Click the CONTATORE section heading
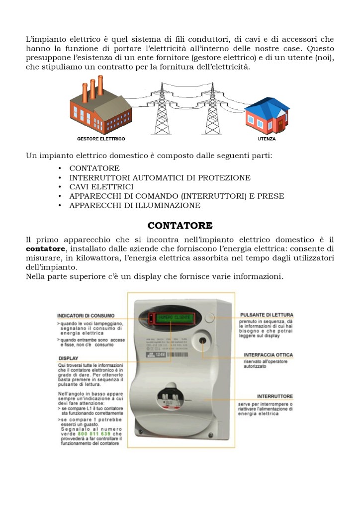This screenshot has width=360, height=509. pos(180,226)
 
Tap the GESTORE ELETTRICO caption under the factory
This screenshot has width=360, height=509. pos(101,139)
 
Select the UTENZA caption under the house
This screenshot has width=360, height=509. pos(267,139)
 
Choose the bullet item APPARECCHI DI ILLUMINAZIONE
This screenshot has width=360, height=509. pos(135,205)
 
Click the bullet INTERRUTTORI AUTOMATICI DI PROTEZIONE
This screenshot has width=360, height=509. pos(160,177)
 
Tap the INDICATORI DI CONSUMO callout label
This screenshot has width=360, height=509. pos(86,315)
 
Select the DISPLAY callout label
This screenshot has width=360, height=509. pos(68,358)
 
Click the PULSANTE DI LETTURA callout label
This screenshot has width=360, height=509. pos(267,315)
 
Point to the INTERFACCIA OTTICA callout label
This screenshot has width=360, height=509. pos(268,355)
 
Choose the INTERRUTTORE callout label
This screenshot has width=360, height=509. pos(275,396)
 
